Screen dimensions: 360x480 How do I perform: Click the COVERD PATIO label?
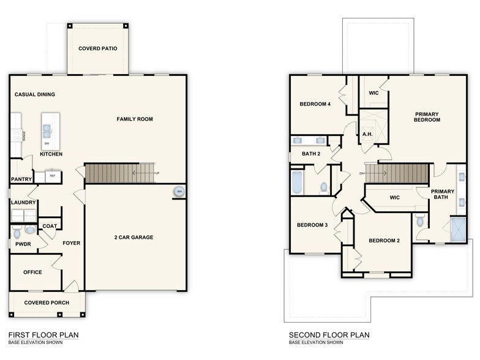(x=98, y=48)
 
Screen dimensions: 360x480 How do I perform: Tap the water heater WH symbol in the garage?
(x=179, y=192)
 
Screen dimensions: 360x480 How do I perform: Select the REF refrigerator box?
(x=53, y=176)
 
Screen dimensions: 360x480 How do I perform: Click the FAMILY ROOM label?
(x=135, y=119)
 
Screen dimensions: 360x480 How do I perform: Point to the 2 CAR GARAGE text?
(x=133, y=237)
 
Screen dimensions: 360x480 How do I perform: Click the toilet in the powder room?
(x=17, y=233)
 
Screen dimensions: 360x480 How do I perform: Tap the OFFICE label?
(x=32, y=272)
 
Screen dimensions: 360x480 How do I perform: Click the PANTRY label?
(x=21, y=179)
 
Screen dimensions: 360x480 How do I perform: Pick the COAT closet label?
(x=50, y=226)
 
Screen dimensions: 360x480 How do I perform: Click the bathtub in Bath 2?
(x=298, y=182)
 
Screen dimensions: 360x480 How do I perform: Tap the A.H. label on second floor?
(x=367, y=134)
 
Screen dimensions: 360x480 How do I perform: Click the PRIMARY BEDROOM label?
(x=427, y=117)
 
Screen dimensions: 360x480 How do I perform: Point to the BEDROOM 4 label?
(x=315, y=104)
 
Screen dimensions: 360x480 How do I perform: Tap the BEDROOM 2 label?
(x=384, y=241)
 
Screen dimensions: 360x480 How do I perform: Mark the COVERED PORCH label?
(x=47, y=302)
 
